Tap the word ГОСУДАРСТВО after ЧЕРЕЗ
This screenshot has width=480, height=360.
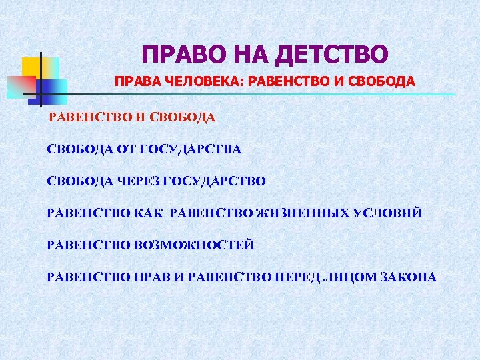214,181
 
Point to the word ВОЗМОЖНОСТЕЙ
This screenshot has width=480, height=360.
195,245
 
